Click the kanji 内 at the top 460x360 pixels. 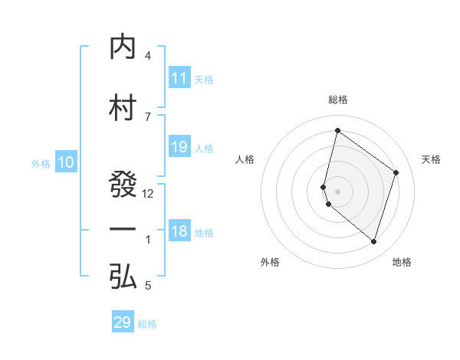123,47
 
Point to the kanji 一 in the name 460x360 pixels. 123,231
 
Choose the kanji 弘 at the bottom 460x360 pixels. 123,277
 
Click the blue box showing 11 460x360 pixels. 179,78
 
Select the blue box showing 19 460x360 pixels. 179,147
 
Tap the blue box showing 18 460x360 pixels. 179,232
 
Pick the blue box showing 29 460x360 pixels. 123,322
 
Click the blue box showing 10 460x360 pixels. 66,162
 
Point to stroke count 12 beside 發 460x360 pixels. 149,194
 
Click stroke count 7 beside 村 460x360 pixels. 148,116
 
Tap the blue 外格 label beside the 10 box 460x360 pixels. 41,163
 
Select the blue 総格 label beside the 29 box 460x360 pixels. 148,324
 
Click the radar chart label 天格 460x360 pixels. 431,159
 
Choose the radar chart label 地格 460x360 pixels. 402,262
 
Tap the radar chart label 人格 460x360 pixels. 245,159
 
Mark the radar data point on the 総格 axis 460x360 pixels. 337,131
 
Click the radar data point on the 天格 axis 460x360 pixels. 396,172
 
